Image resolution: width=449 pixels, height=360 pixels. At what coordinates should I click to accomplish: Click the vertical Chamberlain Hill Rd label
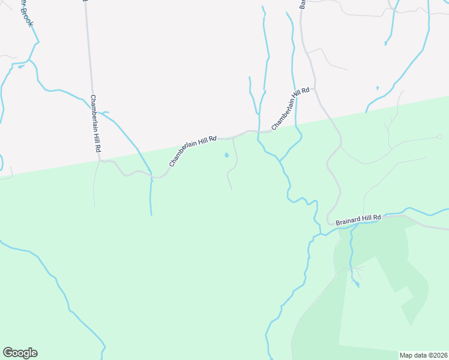[95, 124]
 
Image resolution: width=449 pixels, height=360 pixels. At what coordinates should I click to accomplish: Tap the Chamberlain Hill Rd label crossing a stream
[290, 109]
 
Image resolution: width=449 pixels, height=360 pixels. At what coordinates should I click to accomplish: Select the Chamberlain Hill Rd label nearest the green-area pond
[192, 151]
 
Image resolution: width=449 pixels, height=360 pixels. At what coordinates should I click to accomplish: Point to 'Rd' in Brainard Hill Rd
[377, 217]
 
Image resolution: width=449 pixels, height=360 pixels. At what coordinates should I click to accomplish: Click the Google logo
[20, 353]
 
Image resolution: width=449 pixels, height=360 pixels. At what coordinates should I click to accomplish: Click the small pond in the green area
[226, 155]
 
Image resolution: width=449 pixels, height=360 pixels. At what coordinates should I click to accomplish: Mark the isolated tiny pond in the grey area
[377, 88]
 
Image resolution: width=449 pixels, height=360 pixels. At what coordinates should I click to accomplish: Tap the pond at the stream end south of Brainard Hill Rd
[357, 284]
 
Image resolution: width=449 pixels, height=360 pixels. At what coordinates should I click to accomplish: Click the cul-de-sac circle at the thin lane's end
[442, 136]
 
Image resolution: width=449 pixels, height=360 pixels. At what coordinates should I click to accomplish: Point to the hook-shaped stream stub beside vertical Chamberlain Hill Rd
[104, 112]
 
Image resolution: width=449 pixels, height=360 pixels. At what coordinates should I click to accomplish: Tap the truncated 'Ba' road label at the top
[303, 4]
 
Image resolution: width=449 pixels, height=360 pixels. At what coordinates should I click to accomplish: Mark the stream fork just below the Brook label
[28, 61]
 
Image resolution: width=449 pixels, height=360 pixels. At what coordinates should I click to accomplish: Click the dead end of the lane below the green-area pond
[232, 190]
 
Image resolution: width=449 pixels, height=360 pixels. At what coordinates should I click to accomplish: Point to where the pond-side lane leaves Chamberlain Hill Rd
[233, 138]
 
